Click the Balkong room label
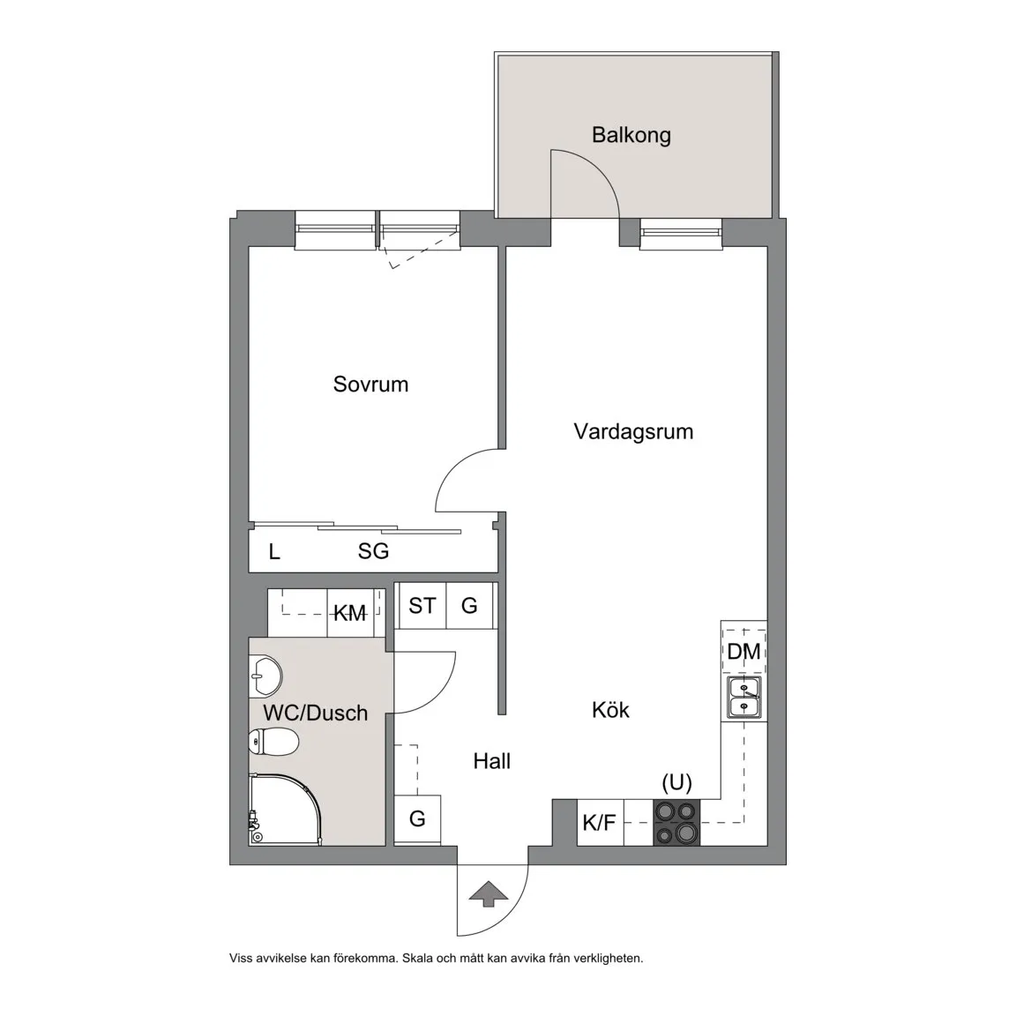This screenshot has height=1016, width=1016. tap(631, 135)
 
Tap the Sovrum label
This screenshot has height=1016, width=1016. tap(370, 385)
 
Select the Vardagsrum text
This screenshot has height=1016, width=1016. tap(634, 431)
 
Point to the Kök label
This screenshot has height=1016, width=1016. tap(610, 709)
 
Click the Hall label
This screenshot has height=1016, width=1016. tap(492, 761)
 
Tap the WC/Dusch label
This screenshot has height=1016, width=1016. tap(316, 713)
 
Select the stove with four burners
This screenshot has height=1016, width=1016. tap(676, 823)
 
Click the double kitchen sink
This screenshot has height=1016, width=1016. tap(743, 698)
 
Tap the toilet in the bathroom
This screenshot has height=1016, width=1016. tap(273, 741)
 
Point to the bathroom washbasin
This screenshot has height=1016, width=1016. tap(265, 675)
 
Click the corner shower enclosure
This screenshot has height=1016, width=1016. tap(285, 810)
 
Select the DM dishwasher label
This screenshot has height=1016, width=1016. tap(743, 652)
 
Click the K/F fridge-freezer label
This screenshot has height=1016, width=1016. tap(600, 823)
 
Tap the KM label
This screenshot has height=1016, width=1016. tap(350, 613)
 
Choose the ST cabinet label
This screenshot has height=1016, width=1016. tap(422, 606)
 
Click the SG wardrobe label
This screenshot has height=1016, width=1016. tap(373, 551)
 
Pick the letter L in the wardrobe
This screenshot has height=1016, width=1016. tap(275, 552)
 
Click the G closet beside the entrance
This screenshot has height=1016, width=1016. tap(417, 819)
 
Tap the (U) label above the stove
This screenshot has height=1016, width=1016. tap(677, 783)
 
